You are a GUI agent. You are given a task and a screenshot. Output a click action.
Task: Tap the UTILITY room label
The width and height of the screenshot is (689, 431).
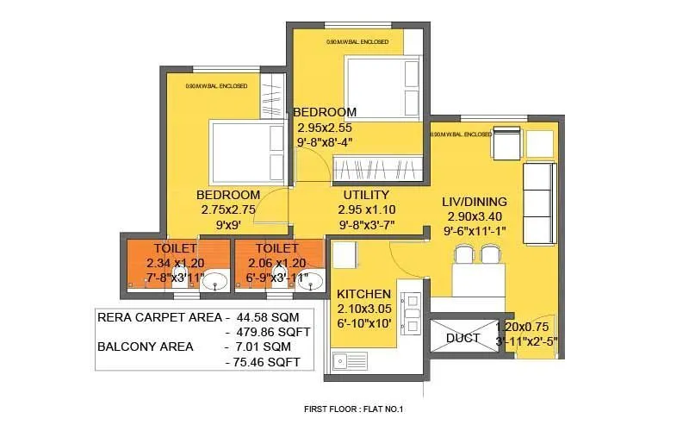[x=366, y=195]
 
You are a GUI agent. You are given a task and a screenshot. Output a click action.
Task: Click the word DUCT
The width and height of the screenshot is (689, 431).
[x=462, y=339]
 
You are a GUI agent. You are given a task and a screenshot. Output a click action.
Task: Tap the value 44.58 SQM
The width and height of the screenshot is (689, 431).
[x=269, y=315]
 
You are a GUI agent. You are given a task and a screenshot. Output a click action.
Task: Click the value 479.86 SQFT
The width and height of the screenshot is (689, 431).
[x=269, y=331]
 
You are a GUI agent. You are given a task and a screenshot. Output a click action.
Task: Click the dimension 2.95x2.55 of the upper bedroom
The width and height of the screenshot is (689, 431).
[x=325, y=128]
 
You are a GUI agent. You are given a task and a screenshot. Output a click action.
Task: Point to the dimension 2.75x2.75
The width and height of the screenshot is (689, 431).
[x=227, y=209]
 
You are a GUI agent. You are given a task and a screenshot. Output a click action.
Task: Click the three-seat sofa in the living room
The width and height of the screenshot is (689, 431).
[x=539, y=191]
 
